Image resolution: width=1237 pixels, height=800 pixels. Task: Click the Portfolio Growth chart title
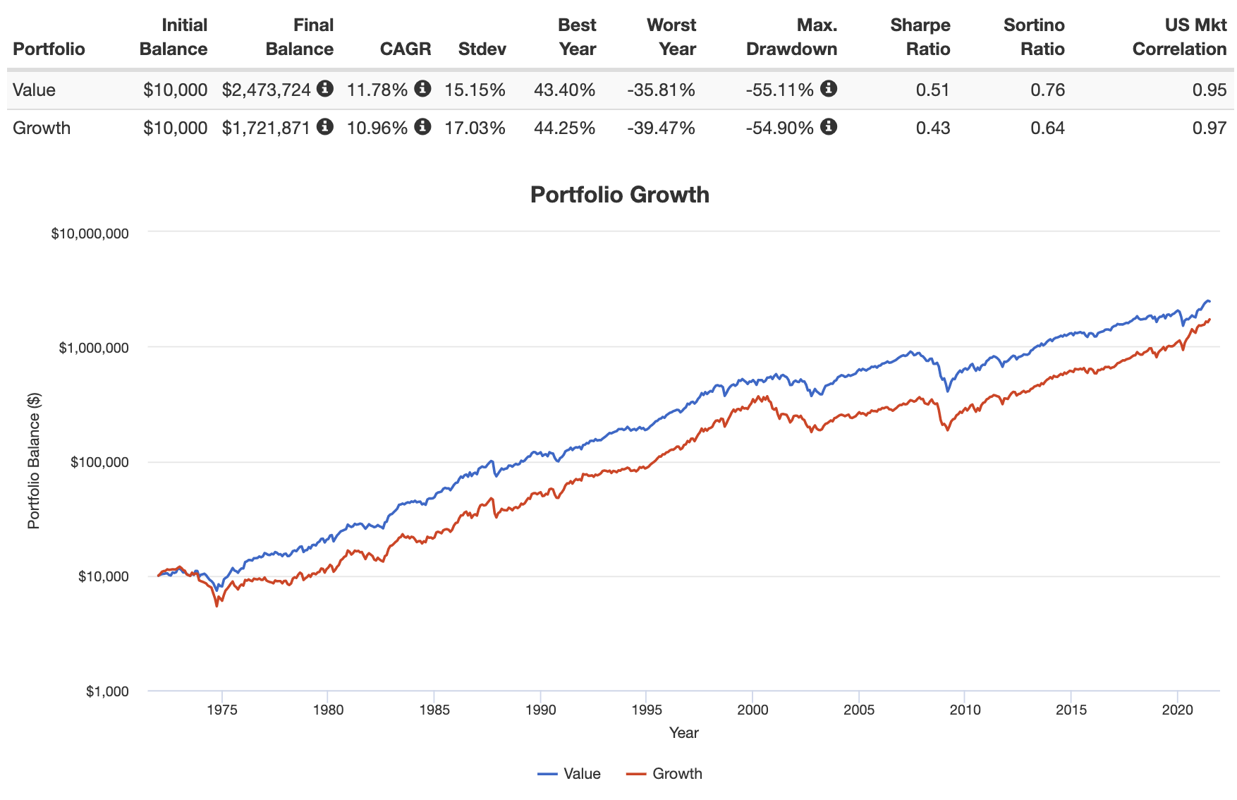619,195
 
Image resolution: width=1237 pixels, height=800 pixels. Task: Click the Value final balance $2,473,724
266,90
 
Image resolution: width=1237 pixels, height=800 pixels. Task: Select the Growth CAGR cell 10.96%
377,128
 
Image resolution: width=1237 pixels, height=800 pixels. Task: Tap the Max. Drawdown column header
791,37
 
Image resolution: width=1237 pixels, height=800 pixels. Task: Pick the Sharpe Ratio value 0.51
932,90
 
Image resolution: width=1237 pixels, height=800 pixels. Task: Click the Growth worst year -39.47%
661,128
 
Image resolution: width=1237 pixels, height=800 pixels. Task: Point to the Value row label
34,90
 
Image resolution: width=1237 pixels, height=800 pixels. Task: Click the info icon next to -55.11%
829,89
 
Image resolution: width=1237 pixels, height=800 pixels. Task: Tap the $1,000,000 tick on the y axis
93,348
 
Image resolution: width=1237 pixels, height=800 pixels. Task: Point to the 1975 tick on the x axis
221,710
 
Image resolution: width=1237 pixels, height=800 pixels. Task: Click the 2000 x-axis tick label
752,710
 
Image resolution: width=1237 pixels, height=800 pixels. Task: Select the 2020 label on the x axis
1177,710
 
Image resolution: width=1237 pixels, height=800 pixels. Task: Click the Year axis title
683,733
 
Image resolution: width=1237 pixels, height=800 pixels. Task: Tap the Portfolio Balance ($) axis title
33,461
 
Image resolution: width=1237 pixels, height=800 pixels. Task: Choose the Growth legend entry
664,774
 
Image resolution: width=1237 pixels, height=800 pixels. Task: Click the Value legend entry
570,774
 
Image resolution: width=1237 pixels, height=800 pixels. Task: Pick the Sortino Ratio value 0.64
1047,128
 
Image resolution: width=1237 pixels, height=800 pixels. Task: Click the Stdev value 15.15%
475,90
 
